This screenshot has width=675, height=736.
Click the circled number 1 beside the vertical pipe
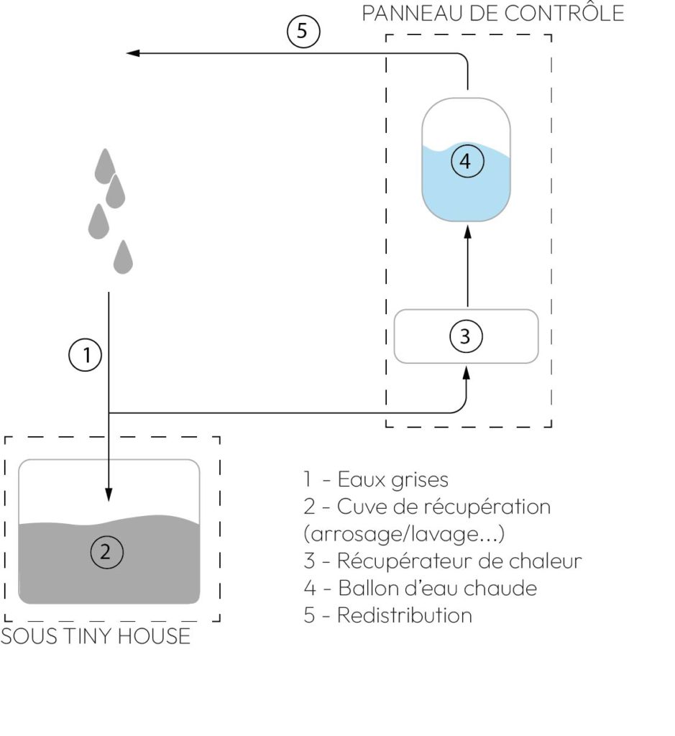[86, 355]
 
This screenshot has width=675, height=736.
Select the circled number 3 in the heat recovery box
[465, 336]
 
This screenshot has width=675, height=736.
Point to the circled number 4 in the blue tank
[466, 161]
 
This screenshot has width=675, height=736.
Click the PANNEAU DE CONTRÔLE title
[492, 14]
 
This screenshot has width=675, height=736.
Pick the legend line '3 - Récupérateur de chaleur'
[442, 561]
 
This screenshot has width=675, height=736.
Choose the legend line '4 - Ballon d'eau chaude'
[421, 588]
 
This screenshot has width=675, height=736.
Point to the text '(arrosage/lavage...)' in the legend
[403, 534]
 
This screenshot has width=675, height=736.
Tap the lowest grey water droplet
[124, 257]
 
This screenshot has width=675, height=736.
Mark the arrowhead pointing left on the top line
[132, 53]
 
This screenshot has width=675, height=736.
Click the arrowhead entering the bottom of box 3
[467, 372]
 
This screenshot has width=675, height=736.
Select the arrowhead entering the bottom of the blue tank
[467, 231]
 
